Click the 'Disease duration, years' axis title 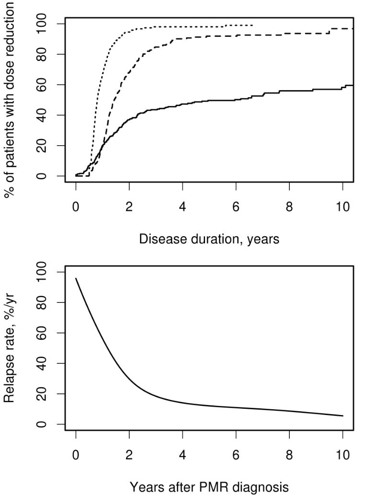point(209,239)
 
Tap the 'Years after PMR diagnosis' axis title point(209,486)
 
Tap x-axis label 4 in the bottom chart point(182,454)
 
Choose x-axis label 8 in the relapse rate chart point(289,454)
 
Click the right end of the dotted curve point(253,25)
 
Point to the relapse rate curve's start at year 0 point(76,278)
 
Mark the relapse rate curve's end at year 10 point(342,416)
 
